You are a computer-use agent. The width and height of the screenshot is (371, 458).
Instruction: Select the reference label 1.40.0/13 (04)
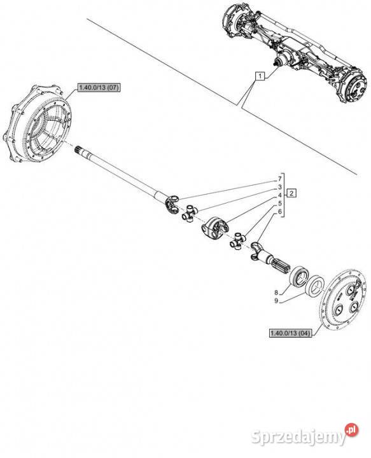click(x=290, y=333)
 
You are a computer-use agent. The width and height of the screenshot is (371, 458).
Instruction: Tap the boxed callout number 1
click(x=260, y=76)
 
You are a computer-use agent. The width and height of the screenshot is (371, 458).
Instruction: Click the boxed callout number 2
click(x=291, y=193)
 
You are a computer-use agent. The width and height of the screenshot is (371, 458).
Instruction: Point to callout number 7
click(x=280, y=179)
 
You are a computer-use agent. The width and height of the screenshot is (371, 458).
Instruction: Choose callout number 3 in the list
click(x=280, y=187)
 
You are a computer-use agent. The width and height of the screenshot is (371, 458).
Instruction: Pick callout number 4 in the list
click(x=280, y=195)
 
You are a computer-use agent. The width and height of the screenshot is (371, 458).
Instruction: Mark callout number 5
click(x=280, y=204)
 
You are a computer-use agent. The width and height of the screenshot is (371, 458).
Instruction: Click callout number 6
click(x=280, y=211)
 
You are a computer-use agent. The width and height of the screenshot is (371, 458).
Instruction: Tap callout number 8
click(x=276, y=292)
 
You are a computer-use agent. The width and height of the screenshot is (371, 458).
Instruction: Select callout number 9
click(x=276, y=301)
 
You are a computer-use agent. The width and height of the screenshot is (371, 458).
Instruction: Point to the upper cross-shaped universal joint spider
click(x=190, y=213)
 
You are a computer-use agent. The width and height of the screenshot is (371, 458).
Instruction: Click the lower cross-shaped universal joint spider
click(x=239, y=241)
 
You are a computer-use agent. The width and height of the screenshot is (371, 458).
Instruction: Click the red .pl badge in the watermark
click(x=351, y=430)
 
